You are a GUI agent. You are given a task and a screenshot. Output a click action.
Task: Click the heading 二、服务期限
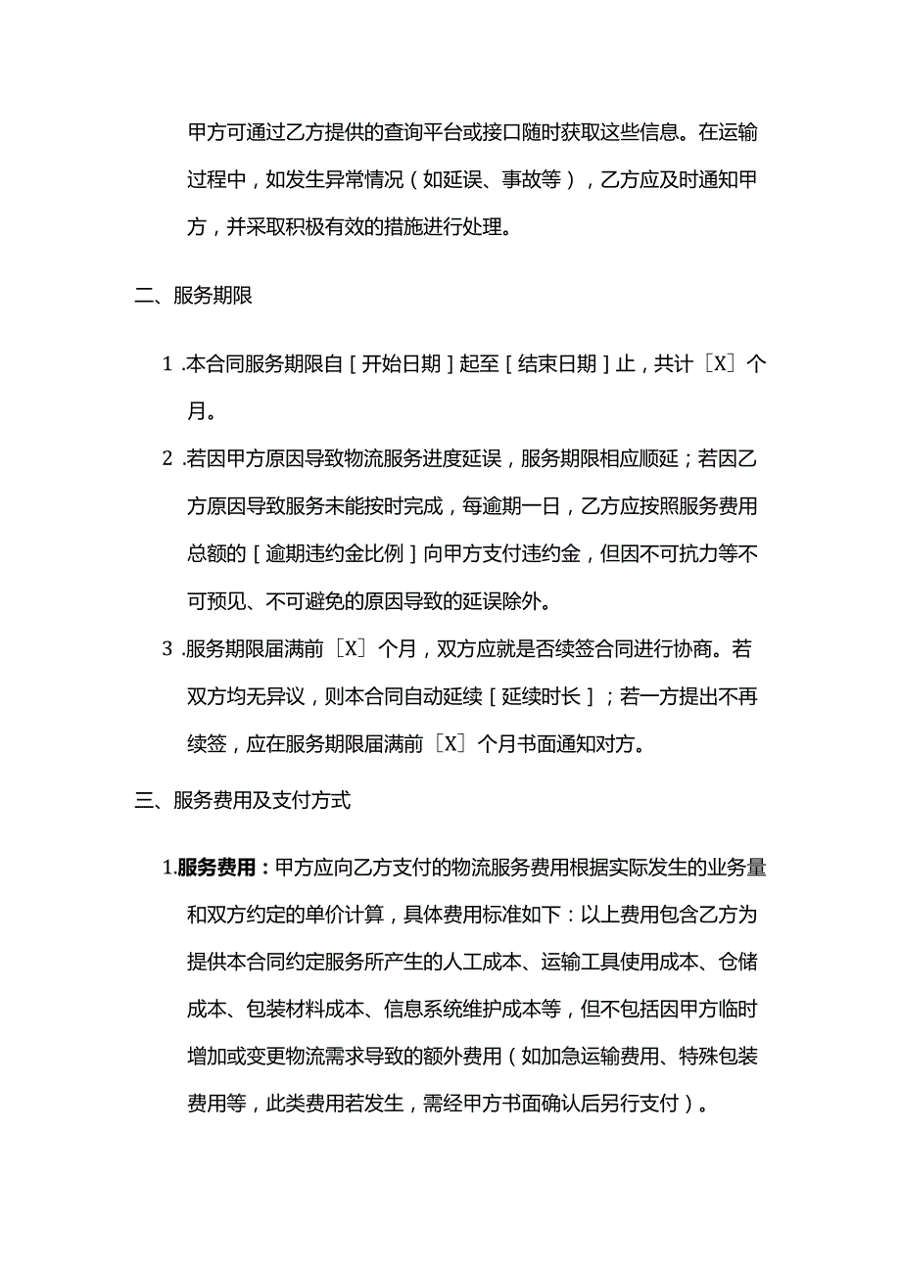pos(193,296)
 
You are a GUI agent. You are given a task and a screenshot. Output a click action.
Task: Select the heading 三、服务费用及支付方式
pos(242,800)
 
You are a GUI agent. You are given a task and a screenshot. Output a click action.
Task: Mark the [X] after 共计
pos(721,364)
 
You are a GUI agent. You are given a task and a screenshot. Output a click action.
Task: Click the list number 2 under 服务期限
pos(166,458)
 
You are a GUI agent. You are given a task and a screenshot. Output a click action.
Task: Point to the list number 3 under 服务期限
pos(166,649)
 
